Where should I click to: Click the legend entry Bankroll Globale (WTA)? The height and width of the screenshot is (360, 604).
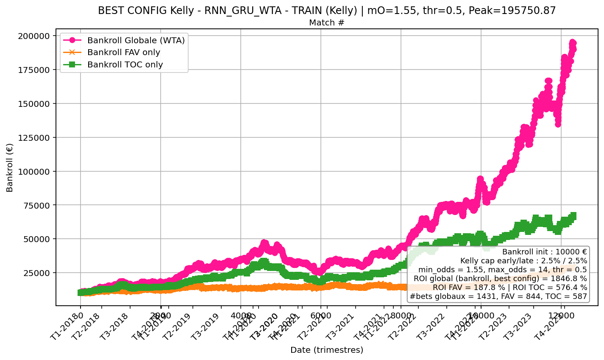[x=136, y=41]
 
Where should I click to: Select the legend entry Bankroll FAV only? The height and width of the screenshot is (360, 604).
[x=124, y=53]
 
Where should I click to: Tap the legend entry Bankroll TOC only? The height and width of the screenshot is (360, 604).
[x=125, y=65]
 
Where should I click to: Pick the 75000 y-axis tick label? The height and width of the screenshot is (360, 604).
[x=38, y=205]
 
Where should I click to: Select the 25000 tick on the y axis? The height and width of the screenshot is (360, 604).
[x=38, y=273]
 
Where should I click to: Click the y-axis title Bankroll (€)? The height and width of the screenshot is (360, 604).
[x=10, y=167]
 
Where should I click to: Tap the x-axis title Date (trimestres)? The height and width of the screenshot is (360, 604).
[x=326, y=350]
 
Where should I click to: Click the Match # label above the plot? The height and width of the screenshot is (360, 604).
[x=326, y=23]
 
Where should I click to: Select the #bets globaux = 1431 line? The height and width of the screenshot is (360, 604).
[x=498, y=296]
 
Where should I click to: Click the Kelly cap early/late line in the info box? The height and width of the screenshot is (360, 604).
[x=523, y=261]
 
